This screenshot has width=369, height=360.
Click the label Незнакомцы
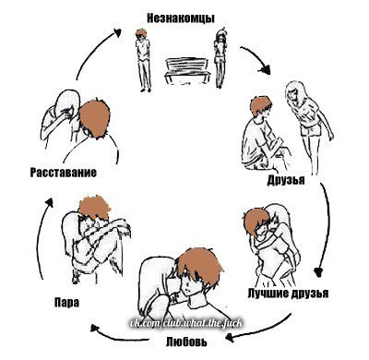tap(181, 18)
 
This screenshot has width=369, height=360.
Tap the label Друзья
tap(286, 180)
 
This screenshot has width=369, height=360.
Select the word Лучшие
tap(268, 293)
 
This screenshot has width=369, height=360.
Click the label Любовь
tap(186, 342)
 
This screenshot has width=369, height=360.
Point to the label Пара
tap(66, 303)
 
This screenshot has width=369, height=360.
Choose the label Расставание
tap(64, 173)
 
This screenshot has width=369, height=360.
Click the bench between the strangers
tap(187, 71)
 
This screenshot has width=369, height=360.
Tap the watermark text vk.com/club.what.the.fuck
tap(185, 323)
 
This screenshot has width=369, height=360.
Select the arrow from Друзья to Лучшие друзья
tap(327, 228)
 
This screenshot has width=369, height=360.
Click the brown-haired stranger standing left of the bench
tap(143, 60)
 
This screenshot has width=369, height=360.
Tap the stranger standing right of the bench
tap(220, 58)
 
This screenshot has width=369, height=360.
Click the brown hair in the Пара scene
tap(94, 207)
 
